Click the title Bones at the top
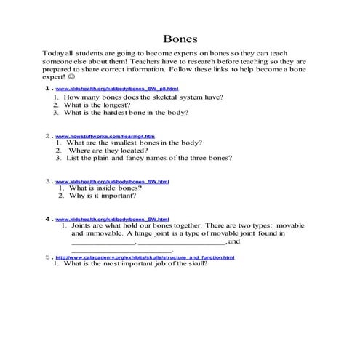pyautogui.click(x=180, y=38)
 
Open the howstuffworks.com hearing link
pyautogui.click(x=104, y=136)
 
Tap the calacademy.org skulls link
pyautogui.click(x=145, y=257)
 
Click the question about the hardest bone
pyautogui.click(x=126, y=113)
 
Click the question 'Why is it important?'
pyautogui.click(x=103, y=196)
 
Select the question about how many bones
pyautogui.click(x=143, y=96)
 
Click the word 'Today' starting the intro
pyautogui.click(x=53, y=53)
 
